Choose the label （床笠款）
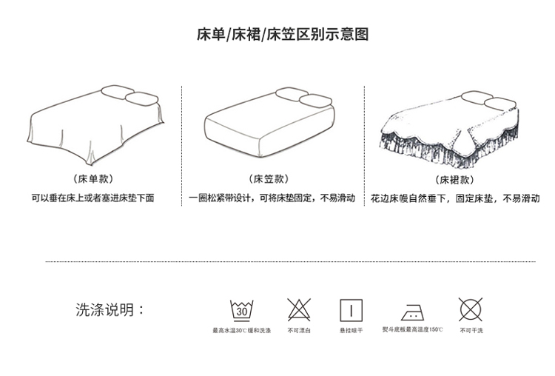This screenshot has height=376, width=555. coord(271,179)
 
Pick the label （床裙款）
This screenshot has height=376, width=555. coord(454,179)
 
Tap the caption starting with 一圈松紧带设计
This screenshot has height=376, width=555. coord(272,198)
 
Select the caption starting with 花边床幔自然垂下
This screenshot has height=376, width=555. coord(455,198)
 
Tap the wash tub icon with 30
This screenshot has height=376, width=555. coord(241,309)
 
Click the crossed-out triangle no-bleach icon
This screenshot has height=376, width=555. coord(299,309)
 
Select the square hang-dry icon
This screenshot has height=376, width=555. coord(351,309)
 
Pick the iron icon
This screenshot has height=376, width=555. coord(412,310)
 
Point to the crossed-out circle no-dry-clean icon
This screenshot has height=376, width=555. coord(471,309)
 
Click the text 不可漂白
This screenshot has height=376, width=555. coord(299,330)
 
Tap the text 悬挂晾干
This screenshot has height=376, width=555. coord(351,330)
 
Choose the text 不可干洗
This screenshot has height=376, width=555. coord(471,330)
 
